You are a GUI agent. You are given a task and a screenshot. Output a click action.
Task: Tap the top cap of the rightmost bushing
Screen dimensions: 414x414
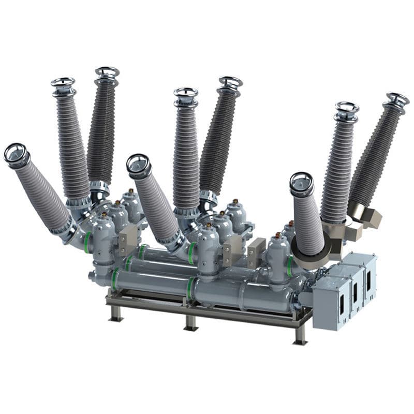click(397, 98)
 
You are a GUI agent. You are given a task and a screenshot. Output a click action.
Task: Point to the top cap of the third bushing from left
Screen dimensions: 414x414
click(107, 71)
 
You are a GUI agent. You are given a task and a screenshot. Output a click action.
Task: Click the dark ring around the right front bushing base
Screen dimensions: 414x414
click(310, 254)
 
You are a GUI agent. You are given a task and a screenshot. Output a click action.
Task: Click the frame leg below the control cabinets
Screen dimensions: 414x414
click(301, 335)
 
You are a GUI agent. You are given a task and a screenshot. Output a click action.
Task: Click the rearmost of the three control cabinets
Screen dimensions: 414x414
click(365, 272)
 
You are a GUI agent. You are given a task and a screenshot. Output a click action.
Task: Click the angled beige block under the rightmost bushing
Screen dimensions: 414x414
click(368, 217)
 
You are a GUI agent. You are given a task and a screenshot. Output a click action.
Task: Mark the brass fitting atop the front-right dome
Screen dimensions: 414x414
click(278, 235)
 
